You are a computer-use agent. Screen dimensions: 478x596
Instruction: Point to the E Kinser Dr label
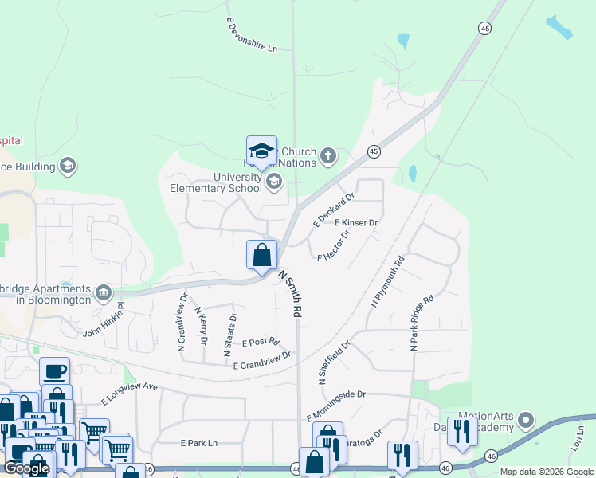click(355, 223)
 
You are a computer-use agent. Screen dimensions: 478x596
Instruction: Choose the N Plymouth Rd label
click(388, 281)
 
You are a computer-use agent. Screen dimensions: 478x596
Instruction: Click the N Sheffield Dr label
click(335, 363)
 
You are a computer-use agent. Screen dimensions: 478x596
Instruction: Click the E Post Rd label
click(260, 343)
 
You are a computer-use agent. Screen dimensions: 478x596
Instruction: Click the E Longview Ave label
click(130, 392)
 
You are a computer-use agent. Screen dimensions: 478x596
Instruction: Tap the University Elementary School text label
click(216, 182)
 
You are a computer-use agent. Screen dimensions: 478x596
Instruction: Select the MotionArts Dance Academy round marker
click(525, 419)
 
